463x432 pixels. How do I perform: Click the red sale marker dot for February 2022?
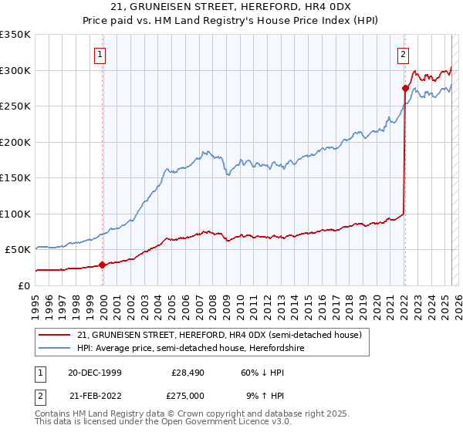click(x=405, y=88)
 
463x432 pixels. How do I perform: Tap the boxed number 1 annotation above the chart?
click(x=102, y=54)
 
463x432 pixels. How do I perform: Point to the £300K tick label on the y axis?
click(x=15, y=70)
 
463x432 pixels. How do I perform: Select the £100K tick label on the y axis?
click(x=15, y=214)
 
